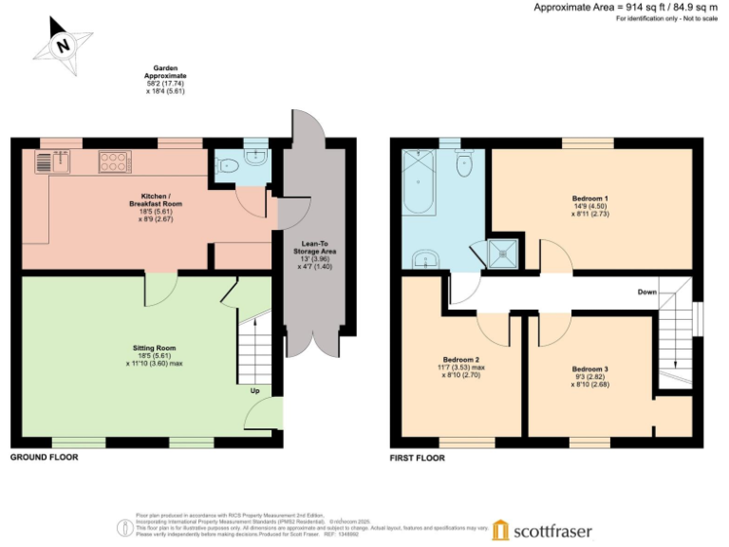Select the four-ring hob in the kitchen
click(x=114, y=162)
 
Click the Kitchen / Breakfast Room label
click(x=144, y=204)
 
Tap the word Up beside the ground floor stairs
click(x=254, y=390)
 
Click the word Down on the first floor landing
click(x=647, y=292)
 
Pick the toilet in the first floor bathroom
click(x=464, y=165)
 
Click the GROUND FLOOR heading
click(x=44, y=457)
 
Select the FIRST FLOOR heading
click(x=417, y=457)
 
